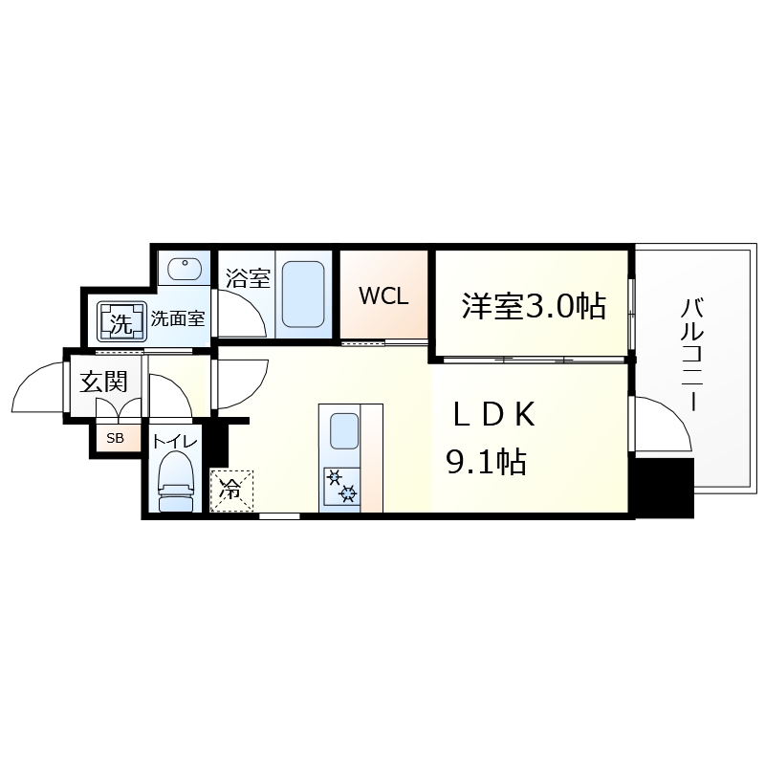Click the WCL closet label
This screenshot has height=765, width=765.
(x=383, y=296)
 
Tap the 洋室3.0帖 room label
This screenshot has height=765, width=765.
(x=534, y=305)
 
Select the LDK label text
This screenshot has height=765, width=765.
(x=493, y=415)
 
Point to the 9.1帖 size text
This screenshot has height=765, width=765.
(x=486, y=464)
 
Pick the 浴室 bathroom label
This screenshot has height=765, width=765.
(x=248, y=279)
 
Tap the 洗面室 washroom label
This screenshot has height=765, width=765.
(x=178, y=319)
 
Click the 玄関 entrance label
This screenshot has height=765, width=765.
(x=102, y=383)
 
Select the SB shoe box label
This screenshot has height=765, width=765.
(x=115, y=439)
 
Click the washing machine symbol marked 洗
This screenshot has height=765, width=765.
(x=120, y=323)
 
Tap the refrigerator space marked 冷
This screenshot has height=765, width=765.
(x=232, y=490)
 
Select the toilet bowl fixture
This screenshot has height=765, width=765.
(x=176, y=482)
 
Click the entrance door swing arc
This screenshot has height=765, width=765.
(x=38, y=387)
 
